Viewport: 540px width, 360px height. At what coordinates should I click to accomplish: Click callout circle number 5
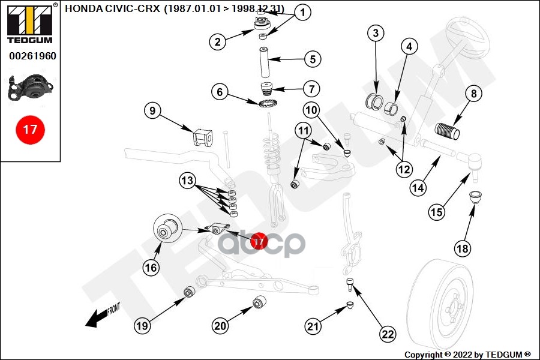point(313,59)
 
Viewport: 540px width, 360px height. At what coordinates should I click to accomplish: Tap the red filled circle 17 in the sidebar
point(30,129)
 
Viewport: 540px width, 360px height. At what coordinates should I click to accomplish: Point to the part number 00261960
point(32,56)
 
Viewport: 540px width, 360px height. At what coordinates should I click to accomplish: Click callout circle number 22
point(388,334)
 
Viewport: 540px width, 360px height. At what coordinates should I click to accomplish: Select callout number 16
point(151,267)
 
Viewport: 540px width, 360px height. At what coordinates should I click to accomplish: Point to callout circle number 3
point(376,33)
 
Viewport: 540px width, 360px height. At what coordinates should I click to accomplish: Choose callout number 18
point(463,247)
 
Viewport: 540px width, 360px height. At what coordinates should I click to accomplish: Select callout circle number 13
point(188,180)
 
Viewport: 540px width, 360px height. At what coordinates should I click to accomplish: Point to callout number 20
point(221,326)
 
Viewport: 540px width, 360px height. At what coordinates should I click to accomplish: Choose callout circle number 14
point(419,187)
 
